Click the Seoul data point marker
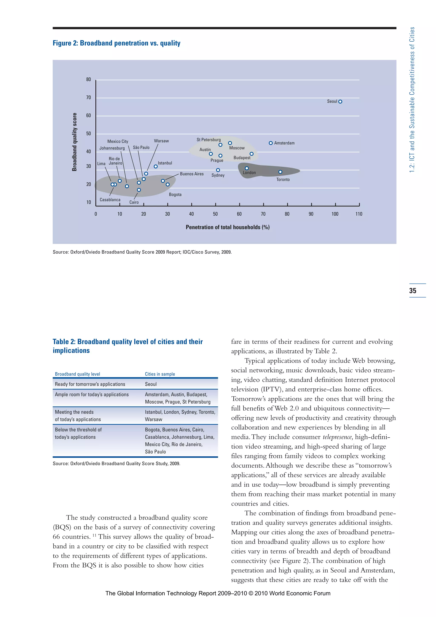click(340, 102)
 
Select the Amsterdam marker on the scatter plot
click(271, 143)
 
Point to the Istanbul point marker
click(155, 166)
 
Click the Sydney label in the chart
click(218, 175)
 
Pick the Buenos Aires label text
click(192, 174)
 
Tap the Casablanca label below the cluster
click(110, 200)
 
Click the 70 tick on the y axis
click(89, 98)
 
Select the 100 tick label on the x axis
click(335, 214)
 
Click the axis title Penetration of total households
click(227, 227)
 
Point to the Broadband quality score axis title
click(74, 142)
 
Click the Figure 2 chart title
click(116, 43)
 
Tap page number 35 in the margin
click(413, 290)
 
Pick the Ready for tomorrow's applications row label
click(90, 384)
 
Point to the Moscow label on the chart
click(237, 148)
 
